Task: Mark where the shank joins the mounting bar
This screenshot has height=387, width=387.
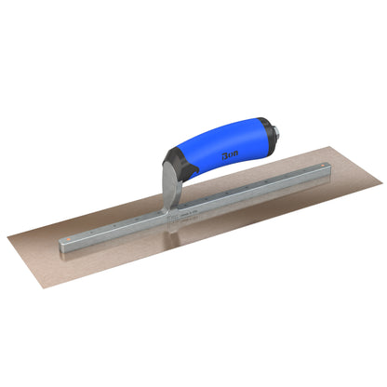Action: click(x=167, y=215)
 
